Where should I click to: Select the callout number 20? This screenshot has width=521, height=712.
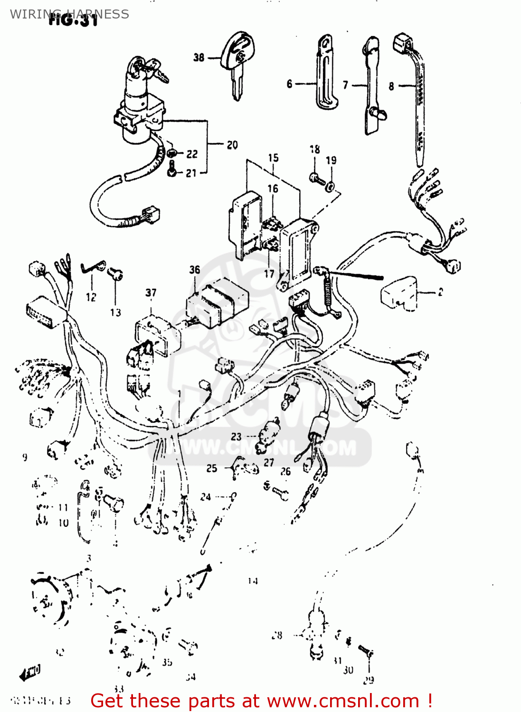tap(232, 145)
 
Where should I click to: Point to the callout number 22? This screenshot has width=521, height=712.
tap(192, 154)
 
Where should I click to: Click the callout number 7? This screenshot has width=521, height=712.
tap(346, 85)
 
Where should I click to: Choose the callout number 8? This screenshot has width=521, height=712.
tap(391, 86)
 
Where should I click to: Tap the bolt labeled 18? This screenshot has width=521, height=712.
tap(316, 179)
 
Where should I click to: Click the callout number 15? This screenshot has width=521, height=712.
tap(273, 158)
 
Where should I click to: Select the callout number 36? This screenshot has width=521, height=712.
tap(195, 270)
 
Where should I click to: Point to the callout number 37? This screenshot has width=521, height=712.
tap(151, 292)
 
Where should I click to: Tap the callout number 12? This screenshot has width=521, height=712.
tap(91, 297)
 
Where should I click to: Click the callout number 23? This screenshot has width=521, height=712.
tap(236, 436)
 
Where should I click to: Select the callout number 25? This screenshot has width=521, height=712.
tap(212, 468)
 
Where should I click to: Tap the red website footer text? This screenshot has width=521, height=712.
tap(261, 701)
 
